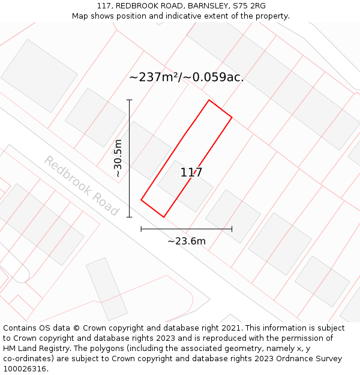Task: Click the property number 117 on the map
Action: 191,173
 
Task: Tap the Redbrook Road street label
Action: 81,186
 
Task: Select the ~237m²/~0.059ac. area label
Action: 186,77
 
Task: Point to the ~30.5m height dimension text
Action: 118,158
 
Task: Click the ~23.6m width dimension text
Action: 186,241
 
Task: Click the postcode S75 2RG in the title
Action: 250,6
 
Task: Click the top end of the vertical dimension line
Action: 129,100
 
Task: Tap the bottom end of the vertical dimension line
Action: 129,217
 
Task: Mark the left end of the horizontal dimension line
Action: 141,229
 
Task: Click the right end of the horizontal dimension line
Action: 232,229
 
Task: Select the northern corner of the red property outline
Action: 209,100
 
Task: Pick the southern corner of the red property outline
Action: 164,217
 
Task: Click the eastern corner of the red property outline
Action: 232,117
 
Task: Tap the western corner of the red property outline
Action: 141,200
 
